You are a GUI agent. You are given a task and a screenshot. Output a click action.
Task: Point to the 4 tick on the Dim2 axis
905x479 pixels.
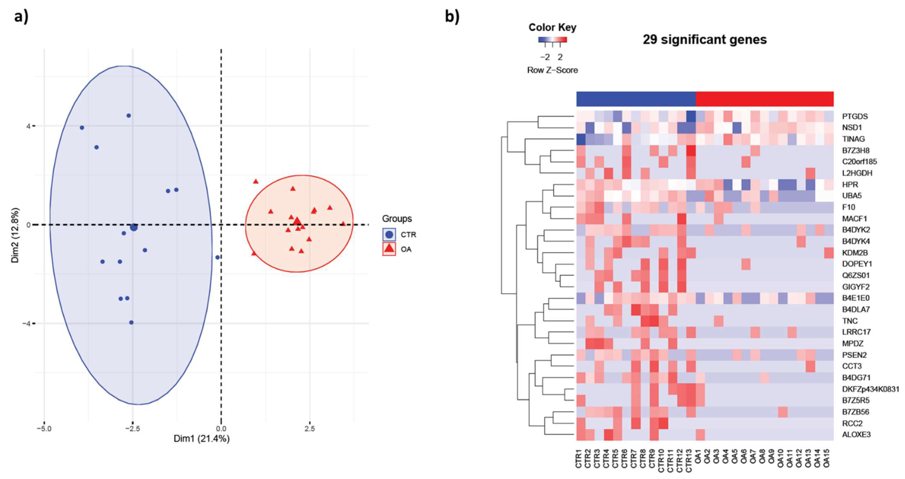pyautogui.click(x=28, y=126)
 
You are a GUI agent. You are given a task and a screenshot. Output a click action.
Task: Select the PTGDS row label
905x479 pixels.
pyautogui.click(x=855, y=116)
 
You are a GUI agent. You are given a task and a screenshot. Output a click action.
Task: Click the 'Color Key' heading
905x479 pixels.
pyautogui.click(x=552, y=27)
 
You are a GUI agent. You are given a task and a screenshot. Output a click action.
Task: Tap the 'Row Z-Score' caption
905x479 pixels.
pyautogui.click(x=552, y=70)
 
